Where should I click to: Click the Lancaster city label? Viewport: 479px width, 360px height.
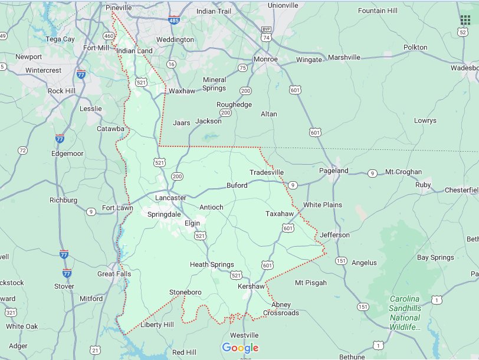pos(170,198)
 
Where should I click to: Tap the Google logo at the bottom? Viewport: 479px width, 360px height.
pos(240,348)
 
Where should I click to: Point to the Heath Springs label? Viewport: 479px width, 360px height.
pos(212,264)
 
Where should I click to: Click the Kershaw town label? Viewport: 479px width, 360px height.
pos(251,286)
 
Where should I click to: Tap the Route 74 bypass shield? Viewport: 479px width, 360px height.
pos(267,34)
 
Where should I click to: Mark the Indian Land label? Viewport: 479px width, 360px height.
pos(134,51)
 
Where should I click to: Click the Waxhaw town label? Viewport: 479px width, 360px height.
pos(182,91)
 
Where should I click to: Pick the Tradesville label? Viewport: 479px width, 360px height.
pos(267,172)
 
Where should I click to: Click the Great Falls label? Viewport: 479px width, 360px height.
pos(114,274)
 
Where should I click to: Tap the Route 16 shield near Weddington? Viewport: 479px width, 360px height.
pos(171,64)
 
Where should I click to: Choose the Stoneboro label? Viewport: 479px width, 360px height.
pos(185,292)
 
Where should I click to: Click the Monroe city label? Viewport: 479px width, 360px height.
pos(265,60)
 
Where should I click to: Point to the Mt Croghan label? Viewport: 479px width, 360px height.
pos(403,172)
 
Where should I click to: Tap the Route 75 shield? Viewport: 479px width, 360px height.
pos(242,68)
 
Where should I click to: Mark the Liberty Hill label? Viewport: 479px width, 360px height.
pos(157,325)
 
